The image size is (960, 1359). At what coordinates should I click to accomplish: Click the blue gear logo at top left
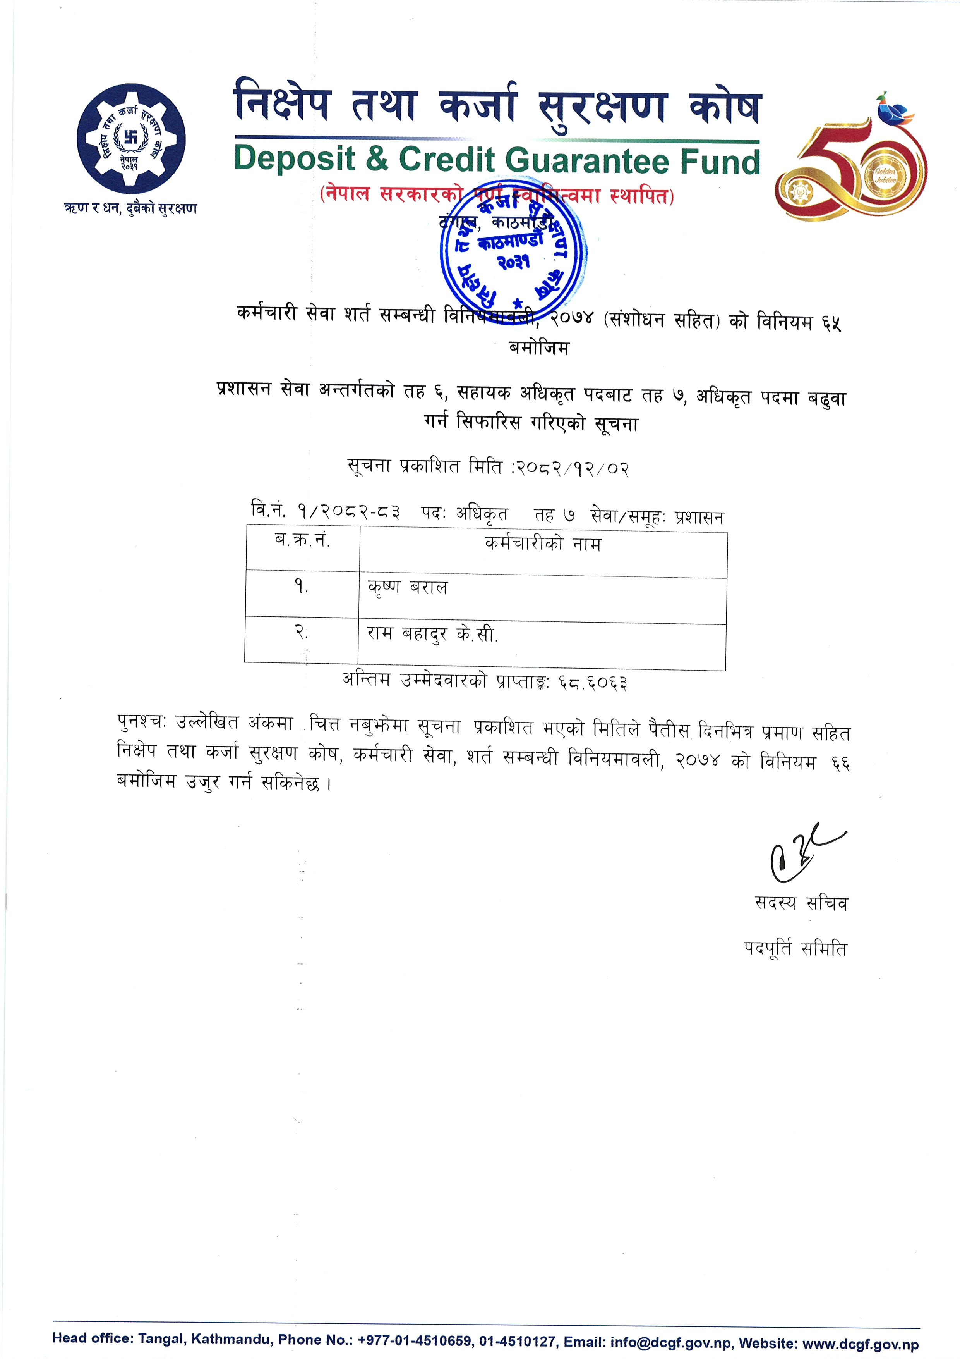[x=131, y=139]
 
